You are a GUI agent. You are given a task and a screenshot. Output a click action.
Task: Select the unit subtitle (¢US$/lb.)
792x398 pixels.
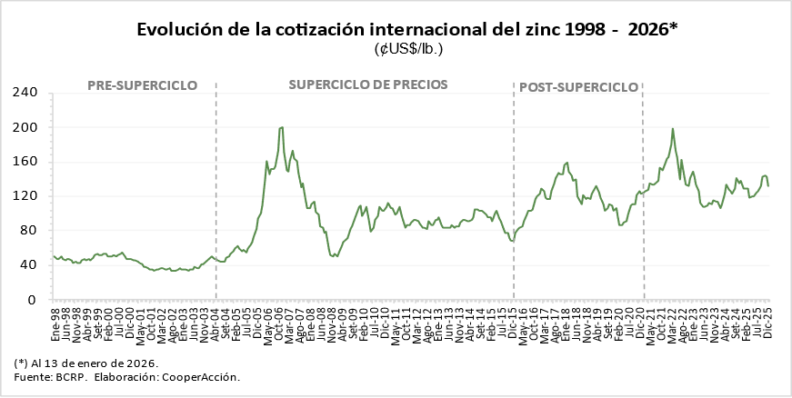(x=408, y=49)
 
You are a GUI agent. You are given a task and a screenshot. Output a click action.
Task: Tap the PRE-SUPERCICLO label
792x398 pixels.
(x=142, y=85)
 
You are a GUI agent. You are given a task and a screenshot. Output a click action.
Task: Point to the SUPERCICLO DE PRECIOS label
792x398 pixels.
(x=368, y=85)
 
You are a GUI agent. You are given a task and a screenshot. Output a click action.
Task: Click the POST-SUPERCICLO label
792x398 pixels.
(x=578, y=87)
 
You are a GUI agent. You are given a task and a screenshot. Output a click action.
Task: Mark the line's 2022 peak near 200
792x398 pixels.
(x=673, y=129)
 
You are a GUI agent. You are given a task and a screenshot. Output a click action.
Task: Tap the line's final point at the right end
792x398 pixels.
(x=768, y=185)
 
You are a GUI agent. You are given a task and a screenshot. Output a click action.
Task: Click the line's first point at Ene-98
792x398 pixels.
(x=54, y=256)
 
